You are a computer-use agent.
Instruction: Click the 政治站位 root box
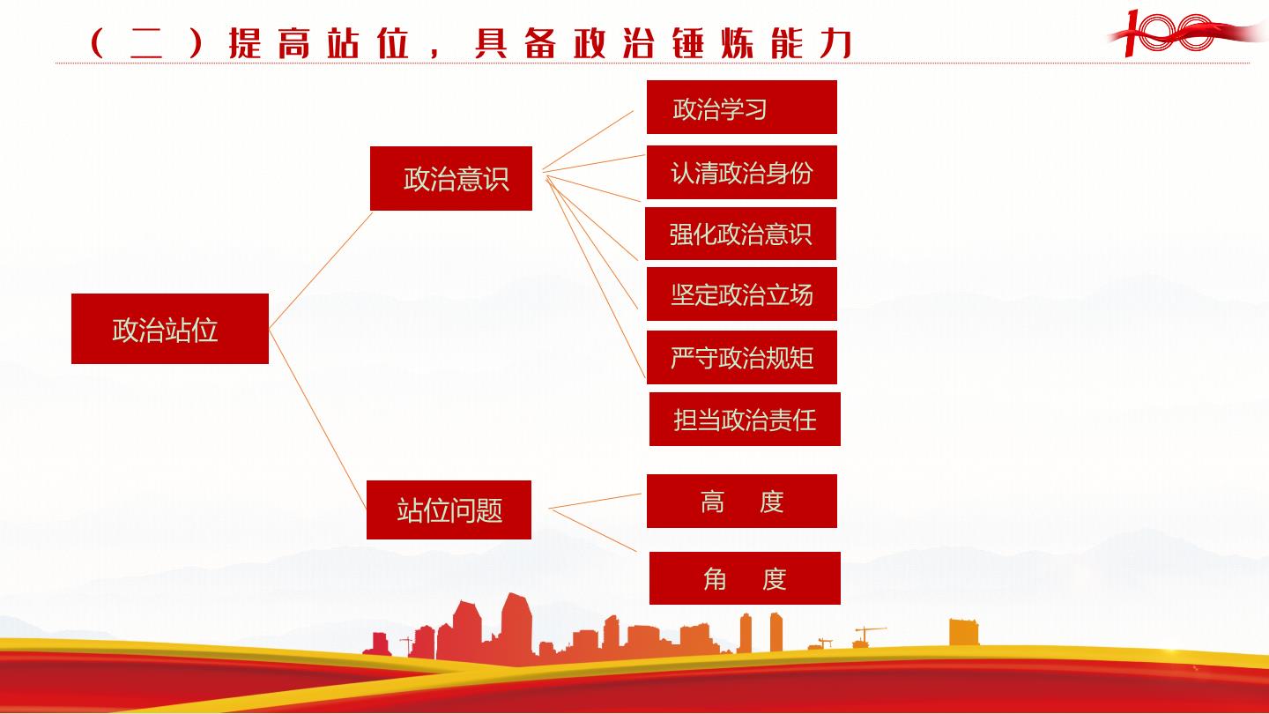point(170,329)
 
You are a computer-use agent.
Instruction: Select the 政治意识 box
point(451,178)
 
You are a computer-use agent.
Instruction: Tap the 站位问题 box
point(449,509)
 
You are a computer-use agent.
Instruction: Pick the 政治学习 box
point(742,108)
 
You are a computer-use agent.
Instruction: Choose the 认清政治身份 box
point(742,172)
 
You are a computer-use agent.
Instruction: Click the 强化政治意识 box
point(740,234)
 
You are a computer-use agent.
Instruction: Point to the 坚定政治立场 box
point(742,294)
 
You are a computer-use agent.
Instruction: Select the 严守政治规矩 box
point(742,358)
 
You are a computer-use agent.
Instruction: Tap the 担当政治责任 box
point(745,420)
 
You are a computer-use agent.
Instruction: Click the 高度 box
point(742,501)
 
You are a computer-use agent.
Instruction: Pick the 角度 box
point(745,578)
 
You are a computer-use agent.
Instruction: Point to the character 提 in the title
point(245,43)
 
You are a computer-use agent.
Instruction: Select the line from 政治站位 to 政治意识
point(321,271)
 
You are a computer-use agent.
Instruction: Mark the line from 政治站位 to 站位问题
point(318,420)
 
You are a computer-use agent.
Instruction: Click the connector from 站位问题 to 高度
point(596,501)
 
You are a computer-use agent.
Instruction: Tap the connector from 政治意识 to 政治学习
point(588,140)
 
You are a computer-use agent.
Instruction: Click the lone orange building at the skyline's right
point(964,632)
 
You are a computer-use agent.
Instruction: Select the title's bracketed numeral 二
point(146,44)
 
